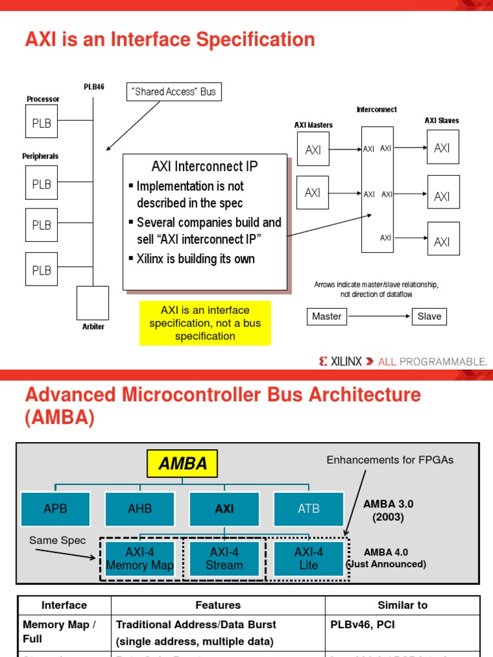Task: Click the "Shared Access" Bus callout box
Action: click(x=174, y=92)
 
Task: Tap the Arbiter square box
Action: click(x=92, y=303)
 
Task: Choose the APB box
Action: click(x=55, y=509)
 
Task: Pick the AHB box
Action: click(x=140, y=509)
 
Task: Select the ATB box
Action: click(x=308, y=509)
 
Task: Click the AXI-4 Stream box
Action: click(x=224, y=559)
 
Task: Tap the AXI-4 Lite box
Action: click(x=308, y=559)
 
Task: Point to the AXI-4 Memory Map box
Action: click(x=139, y=559)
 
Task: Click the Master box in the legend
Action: click(x=326, y=316)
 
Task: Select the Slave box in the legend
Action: click(x=429, y=316)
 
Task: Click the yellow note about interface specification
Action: click(x=205, y=323)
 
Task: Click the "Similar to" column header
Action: click(x=402, y=605)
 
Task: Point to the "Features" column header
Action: click(x=218, y=605)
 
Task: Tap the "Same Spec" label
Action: click(x=57, y=541)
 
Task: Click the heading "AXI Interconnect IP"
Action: click(x=205, y=167)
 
